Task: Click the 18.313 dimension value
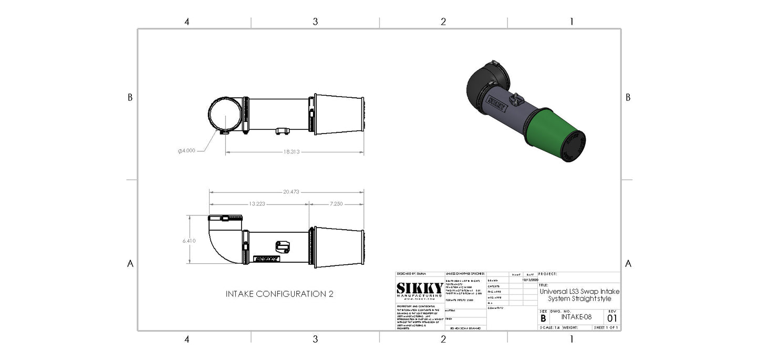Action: (x=292, y=151)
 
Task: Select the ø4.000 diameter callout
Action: (x=186, y=150)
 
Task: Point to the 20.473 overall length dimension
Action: (x=290, y=192)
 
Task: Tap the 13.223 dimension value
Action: (x=256, y=203)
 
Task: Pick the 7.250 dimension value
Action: (x=337, y=203)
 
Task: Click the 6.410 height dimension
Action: (x=189, y=241)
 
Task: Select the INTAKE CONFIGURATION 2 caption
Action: (x=279, y=294)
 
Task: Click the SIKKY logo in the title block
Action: (x=419, y=289)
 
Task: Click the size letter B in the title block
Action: (x=543, y=318)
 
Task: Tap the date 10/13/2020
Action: (x=531, y=280)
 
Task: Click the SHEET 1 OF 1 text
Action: (x=606, y=327)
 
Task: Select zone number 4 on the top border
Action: (x=186, y=22)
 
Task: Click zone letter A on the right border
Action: (x=628, y=263)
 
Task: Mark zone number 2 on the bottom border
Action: (x=443, y=339)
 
